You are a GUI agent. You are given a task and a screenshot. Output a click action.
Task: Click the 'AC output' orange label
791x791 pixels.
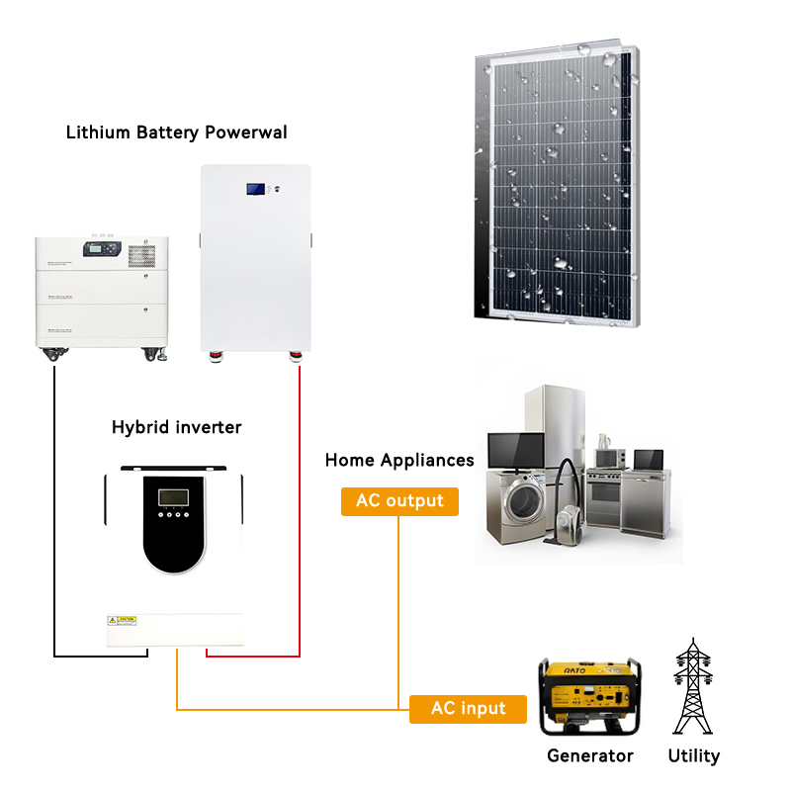(400, 501)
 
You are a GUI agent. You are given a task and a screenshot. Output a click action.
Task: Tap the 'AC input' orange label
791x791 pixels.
(468, 709)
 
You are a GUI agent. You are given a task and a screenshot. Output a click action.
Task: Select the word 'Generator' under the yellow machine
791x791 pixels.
(590, 756)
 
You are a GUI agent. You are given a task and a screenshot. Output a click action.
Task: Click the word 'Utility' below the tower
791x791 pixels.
(693, 756)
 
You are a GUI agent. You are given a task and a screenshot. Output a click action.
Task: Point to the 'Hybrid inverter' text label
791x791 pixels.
(176, 427)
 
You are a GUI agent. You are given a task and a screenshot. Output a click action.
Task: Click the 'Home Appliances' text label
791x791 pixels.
(399, 461)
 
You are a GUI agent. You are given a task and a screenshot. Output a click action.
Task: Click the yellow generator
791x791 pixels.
(590, 698)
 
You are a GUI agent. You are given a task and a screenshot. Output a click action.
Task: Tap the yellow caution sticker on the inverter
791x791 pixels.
(122, 620)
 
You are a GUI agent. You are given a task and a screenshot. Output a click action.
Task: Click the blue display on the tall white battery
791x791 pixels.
(256, 188)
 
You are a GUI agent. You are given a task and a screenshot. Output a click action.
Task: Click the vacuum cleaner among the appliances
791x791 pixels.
(567, 509)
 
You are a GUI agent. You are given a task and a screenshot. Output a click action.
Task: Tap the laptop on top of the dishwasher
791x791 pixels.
(648, 460)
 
